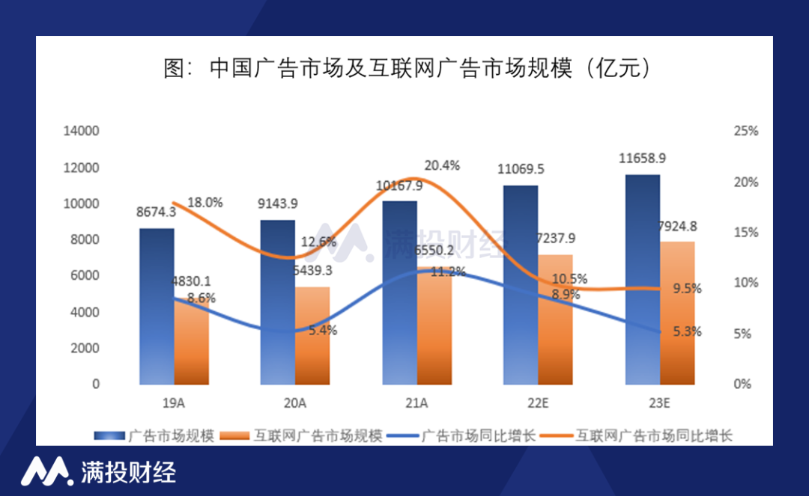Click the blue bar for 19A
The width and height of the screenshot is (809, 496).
pos(157,307)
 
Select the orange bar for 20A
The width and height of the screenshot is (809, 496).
pos(312,336)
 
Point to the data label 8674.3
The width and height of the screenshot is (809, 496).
pos(156,212)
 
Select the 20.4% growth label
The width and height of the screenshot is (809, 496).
pos(442,165)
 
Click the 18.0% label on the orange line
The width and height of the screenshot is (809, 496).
pos(204,203)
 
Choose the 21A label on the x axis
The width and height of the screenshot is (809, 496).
pos(416,403)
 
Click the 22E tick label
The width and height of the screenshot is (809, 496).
pos(538,403)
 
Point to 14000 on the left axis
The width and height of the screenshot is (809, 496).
pos(81,131)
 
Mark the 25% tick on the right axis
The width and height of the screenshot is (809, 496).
pos(745,131)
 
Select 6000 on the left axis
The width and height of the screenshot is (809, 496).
pos(85,275)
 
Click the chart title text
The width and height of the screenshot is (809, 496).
pos(405,69)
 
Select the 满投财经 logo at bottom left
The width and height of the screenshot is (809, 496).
pos(98,471)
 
